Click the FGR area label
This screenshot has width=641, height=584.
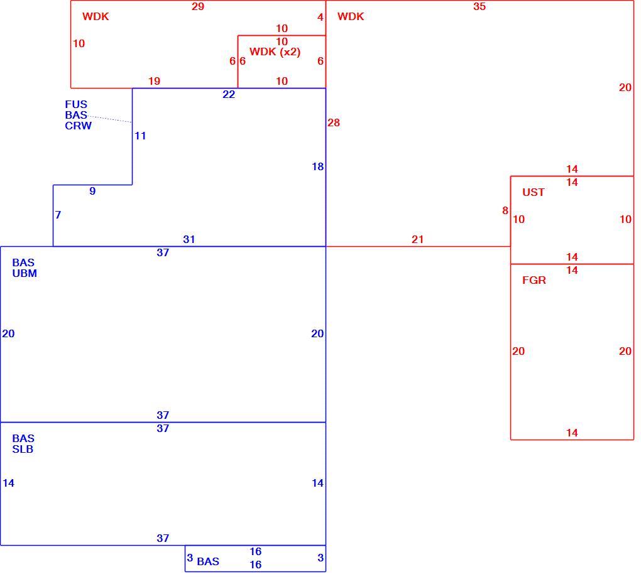pos(534,280)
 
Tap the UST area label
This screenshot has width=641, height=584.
pos(533,192)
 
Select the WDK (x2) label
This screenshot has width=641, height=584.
pos(275,52)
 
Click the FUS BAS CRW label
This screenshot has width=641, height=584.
pos(78,115)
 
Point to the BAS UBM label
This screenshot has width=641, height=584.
pos(25,268)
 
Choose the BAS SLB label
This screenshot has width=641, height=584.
pos(23,444)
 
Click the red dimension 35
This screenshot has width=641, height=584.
pos(479,6)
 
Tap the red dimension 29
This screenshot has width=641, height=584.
pos(198,6)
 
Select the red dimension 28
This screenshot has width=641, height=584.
pos(334,122)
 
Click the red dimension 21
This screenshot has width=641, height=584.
pos(417,239)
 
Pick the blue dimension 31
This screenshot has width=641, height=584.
pos(189,239)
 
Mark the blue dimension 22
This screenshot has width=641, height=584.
pos(229,95)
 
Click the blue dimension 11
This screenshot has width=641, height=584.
pos(140,136)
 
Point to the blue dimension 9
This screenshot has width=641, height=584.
pos(92,191)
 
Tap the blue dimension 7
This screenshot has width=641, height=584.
pos(58,215)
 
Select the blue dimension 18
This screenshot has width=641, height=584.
pos(317,166)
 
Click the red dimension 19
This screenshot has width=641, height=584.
pos(154,81)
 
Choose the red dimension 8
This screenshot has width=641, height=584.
pos(505,211)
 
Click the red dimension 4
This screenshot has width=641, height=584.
pos(320,17)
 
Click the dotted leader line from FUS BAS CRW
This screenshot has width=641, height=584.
pos(109,119)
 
